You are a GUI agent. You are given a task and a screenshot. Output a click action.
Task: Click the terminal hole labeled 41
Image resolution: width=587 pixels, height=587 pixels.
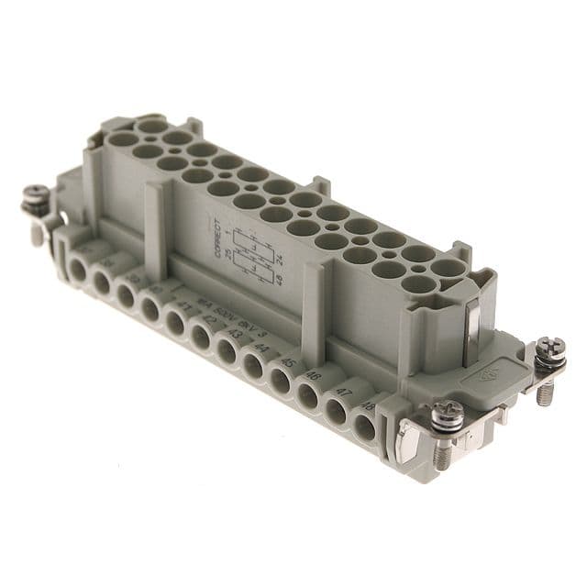click(177, 328)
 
